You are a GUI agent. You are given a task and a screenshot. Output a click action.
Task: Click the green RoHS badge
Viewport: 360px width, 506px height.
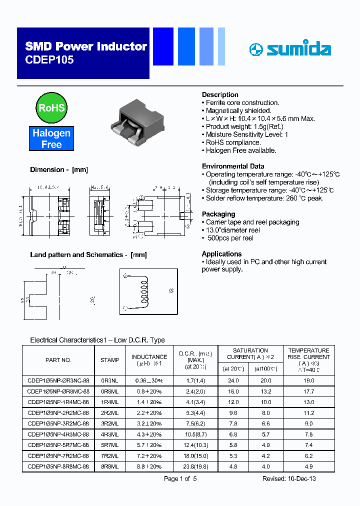51,107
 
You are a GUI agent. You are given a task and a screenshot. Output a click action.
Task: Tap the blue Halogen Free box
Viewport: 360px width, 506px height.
51,139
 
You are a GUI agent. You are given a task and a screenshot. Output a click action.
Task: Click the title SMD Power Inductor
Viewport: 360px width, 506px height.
86,46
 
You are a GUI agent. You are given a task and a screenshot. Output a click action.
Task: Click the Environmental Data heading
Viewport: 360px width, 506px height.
233,166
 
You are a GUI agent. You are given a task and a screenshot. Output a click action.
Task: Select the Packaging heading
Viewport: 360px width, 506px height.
218,214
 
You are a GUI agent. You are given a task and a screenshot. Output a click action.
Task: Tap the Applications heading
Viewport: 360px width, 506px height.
221,253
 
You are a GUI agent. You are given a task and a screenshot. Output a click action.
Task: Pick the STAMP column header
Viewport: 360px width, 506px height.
109,360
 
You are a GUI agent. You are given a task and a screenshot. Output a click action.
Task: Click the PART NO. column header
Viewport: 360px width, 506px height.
58,360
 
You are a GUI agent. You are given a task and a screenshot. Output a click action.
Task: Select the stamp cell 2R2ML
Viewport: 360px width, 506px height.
109,413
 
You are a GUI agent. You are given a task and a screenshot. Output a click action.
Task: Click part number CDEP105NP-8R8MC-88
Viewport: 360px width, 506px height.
58,466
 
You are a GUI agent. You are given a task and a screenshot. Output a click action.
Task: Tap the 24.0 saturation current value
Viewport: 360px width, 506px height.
233,380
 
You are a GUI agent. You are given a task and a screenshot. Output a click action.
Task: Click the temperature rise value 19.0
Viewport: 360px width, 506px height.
308,380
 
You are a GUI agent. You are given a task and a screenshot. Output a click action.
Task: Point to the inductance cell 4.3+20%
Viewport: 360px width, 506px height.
148,434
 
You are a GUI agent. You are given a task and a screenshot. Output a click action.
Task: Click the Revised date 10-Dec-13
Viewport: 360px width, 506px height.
289,478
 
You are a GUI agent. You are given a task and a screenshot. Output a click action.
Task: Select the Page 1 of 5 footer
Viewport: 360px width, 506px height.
180,478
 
